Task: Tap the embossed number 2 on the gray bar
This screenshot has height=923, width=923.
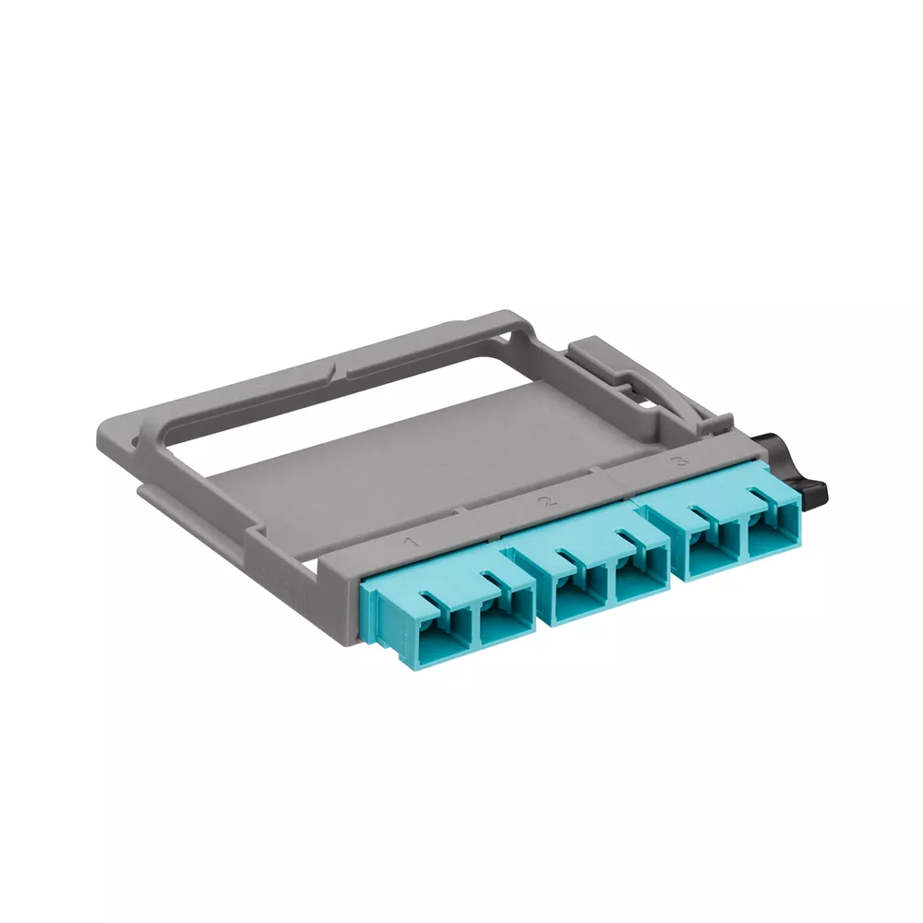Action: [x=550, y=502]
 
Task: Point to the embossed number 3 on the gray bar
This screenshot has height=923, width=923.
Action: [x=682, y=461]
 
